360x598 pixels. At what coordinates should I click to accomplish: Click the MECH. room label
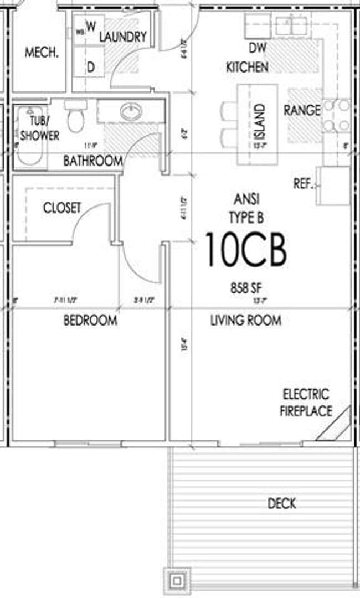pos(42,53)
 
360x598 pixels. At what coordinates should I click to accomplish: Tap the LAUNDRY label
pos(123,37)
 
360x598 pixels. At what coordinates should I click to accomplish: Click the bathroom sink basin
pos(131,112)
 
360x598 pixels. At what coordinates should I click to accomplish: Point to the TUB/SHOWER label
pos(39,130)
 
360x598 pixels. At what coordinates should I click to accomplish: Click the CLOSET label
pos(62,208)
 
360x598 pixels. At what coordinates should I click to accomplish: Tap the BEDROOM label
pos(90,320)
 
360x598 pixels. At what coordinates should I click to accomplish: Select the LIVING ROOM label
pos(245,320)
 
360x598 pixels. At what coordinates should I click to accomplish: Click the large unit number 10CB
pos(246,250)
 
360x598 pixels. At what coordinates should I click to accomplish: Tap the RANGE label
pos(302,110)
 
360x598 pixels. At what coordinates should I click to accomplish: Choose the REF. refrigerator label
pos(304,184)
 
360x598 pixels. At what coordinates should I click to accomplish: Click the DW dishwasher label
pos(254,48)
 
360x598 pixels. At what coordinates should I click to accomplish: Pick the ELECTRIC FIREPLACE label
pos(306,403)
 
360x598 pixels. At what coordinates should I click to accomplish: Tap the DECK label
pos(281,503)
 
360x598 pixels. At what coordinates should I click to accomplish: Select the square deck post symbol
pos(177,581)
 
